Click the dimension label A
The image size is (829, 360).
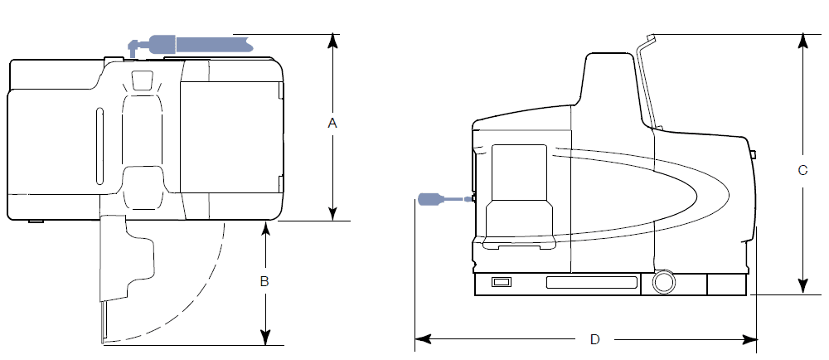332,123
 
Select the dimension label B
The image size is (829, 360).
264,281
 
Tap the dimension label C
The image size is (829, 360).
802,171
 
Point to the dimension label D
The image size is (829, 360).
594,339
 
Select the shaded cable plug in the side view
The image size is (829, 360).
431,198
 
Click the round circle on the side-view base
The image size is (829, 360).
662,282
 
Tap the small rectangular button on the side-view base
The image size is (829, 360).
502,283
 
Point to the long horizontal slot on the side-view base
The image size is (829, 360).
591,284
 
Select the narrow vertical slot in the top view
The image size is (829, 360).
97,146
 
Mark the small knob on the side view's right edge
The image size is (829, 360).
754,154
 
